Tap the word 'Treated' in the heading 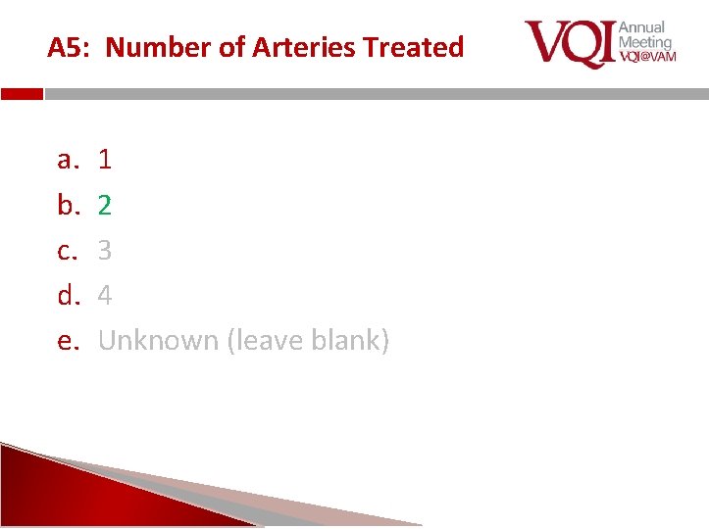412,47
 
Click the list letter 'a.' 68,159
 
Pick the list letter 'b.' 68,205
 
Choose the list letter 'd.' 68,295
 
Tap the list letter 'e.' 68,341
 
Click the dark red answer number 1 105,159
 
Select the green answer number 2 105,205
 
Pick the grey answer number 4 105,295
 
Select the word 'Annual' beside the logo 642,27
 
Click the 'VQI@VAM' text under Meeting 647,58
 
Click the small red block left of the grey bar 22,95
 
